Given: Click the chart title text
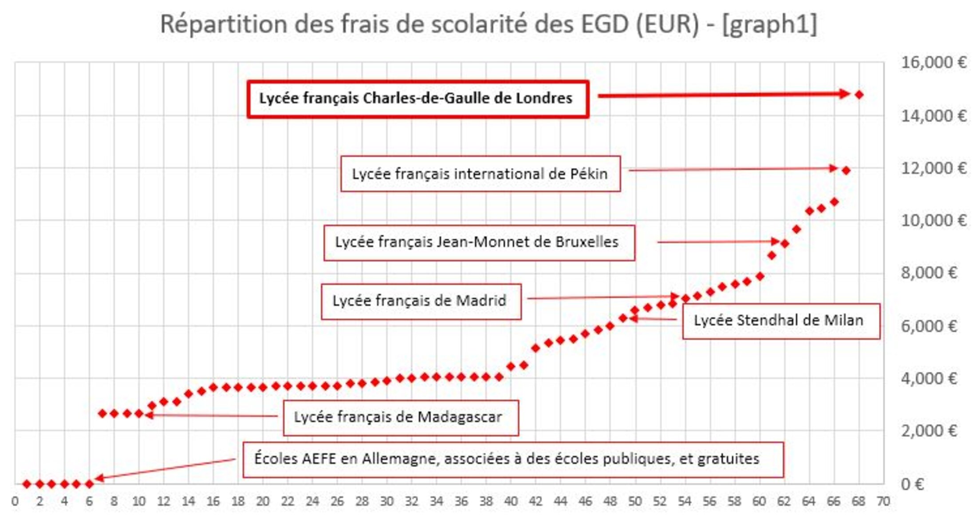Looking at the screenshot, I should click(488, 24).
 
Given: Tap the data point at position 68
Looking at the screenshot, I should click(859, 95).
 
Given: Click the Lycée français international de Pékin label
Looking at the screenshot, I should click(480, 174).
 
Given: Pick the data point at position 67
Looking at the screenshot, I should click(846, 170).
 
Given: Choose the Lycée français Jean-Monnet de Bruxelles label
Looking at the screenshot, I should click(479, 242).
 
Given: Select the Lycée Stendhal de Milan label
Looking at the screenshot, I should click(780, 321).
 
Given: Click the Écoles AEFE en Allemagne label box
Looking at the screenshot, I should click(512, 459).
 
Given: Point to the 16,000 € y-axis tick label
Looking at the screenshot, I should click(933, 63).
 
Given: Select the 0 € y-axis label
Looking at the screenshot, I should click(912, 484).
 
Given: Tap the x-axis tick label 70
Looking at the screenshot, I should click(883, 502).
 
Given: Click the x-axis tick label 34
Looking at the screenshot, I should click(436, 502).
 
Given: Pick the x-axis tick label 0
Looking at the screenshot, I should click(15, 502).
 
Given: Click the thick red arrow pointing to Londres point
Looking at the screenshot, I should click(723, 95).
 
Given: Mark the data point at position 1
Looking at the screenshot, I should click(27, 484).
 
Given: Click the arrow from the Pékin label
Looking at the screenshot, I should click(732, 169).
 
